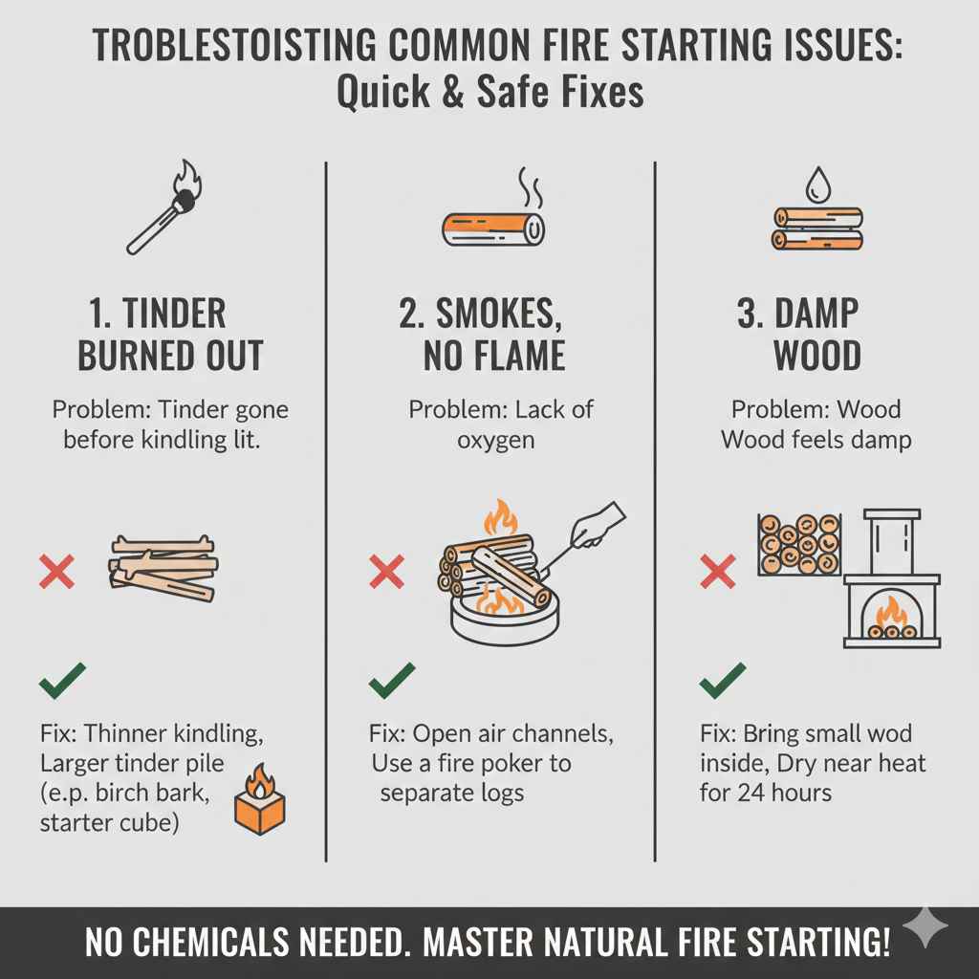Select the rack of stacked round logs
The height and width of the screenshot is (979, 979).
tap(799, 544)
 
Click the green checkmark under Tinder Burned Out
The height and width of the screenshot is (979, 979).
tap(62, 680)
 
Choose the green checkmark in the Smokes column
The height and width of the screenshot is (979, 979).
tap(392, 680)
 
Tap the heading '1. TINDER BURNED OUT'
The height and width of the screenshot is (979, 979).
tap(170, 334)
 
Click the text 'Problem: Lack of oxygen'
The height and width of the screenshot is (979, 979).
tap(501, 424)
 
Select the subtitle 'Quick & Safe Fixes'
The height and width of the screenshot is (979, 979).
tap(489, 94)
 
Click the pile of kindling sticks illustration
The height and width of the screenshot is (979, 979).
tap(163, 568)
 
